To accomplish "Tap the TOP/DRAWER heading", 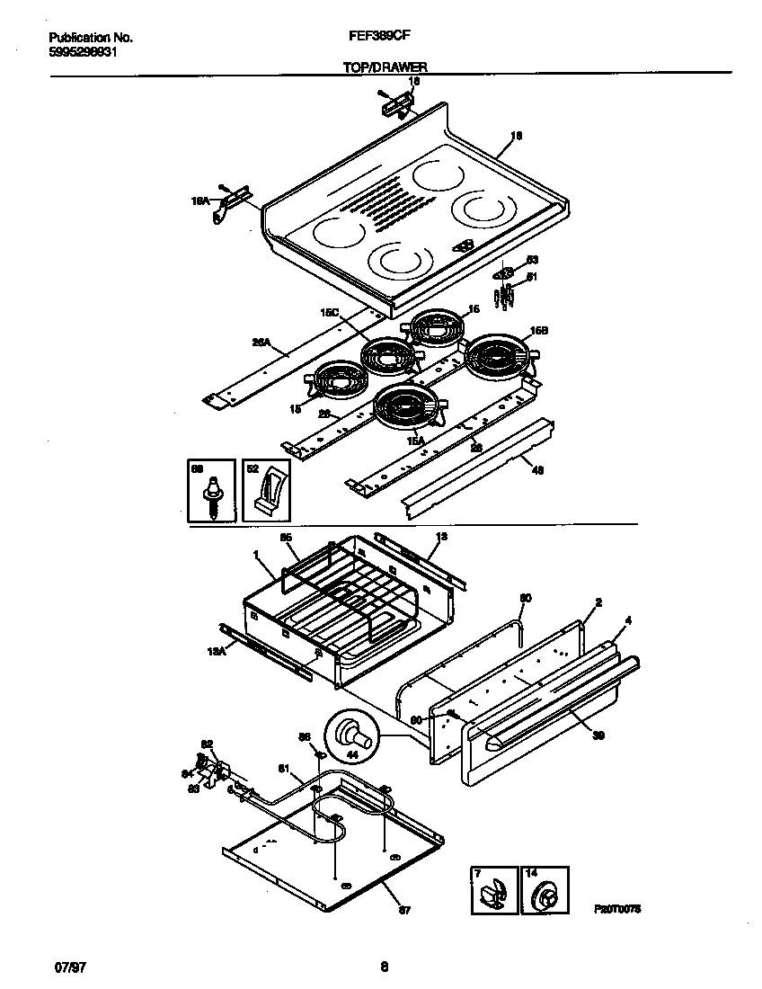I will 384,67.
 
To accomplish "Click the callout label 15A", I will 416,440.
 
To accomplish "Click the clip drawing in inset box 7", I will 493,896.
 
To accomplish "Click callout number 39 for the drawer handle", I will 598,735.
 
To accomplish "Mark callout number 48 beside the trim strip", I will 538,468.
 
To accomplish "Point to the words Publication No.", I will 90,38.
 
